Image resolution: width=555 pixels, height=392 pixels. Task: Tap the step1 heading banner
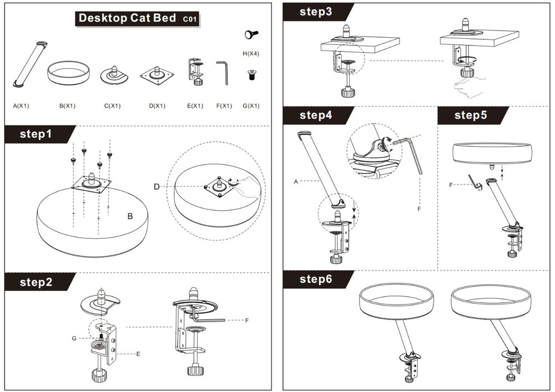36,134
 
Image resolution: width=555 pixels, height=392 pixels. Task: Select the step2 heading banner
36,282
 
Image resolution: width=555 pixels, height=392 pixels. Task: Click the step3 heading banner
316,12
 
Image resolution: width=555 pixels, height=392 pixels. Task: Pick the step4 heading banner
316,115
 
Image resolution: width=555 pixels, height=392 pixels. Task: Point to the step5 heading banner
470,115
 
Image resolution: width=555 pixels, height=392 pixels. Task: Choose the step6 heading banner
316,279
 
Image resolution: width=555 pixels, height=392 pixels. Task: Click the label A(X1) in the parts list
22,105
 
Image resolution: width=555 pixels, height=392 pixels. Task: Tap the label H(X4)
251,54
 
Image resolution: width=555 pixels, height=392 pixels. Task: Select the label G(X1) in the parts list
251,105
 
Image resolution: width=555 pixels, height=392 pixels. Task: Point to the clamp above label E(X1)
195,72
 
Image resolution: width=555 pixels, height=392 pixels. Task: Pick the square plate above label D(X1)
157,74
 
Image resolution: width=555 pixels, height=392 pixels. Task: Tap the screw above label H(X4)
251,35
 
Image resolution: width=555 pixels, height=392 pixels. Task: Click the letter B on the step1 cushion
130,217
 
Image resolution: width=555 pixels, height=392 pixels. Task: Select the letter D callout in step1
157,187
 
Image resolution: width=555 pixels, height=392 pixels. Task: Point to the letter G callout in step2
74,338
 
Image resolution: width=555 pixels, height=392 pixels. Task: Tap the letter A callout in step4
296,181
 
